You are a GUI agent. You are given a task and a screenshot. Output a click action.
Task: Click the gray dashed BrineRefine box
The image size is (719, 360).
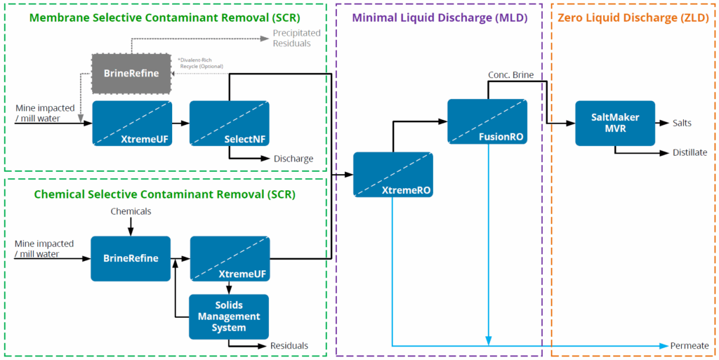[x=131, y=72]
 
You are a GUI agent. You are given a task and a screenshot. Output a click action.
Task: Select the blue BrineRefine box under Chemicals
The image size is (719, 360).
[x=131, y=258]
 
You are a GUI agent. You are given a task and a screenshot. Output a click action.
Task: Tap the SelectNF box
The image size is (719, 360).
[x=229, y=123]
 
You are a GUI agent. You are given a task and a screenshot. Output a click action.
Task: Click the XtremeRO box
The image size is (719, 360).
[x=393, y=174]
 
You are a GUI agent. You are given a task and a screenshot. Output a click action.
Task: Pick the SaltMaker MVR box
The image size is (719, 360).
[x=614, y=124]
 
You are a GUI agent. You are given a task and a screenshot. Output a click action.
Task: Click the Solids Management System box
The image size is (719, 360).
[x=229, y=316]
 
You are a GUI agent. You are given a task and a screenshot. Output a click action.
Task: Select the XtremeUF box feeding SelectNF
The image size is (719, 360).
[x=132, y=123]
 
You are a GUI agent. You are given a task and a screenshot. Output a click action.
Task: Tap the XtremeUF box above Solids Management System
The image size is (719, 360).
[x=230, y=258]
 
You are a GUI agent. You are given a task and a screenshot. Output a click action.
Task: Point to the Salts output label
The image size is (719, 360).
[x=682, y=124]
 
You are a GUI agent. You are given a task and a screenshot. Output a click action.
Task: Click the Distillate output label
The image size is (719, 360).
[x=690, y=152]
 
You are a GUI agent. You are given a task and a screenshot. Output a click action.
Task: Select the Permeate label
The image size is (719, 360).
[x=690, y=346]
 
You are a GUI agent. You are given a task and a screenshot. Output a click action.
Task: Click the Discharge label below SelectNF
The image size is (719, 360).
[x=293, y=159]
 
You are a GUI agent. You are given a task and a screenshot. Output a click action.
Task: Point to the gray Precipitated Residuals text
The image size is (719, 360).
[x=296, y=38]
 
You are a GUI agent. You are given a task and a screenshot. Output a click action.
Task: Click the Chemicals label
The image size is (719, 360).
[x=131, y=211]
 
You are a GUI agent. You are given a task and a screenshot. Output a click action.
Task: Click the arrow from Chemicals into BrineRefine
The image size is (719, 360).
[x=131, y=226]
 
